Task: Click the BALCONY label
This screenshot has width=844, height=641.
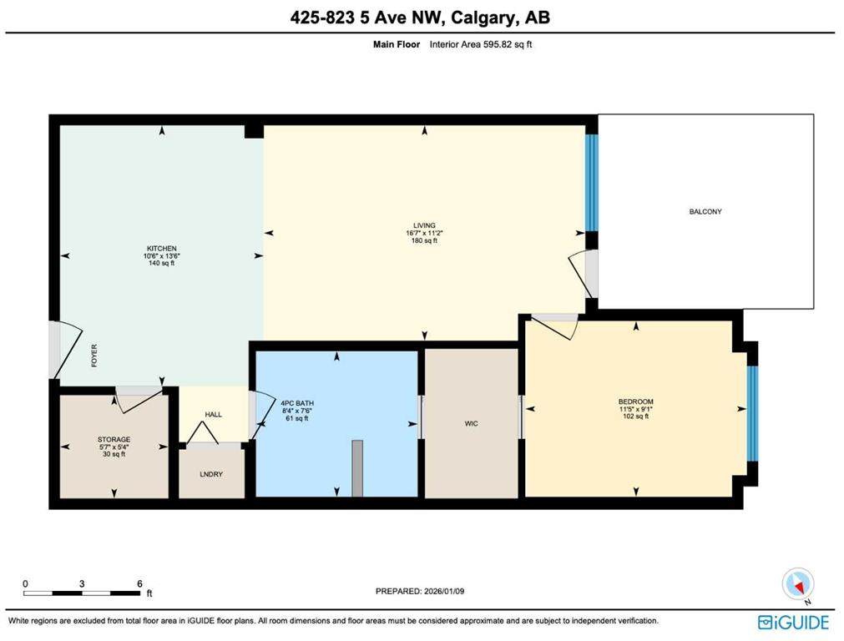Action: (705, 211)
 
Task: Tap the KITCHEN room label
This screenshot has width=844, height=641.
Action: (162, 249)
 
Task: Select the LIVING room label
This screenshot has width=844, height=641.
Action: (424, 225)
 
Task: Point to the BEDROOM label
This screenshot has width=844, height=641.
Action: (635, 401)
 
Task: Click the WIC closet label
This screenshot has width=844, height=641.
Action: (472, 423)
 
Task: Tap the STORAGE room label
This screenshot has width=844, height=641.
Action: (114, 439)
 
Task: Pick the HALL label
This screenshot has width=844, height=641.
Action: (214, 414)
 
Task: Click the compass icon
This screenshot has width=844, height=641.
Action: (797, 584)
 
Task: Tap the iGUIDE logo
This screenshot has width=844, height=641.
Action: (793, 622)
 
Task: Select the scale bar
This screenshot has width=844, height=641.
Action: (82, 593)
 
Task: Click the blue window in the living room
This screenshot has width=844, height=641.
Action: (591, 182)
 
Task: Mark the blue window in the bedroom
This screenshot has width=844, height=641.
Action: (751, 413)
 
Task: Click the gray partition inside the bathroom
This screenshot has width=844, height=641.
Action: (357, 467)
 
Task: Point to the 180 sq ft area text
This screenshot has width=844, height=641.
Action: (424, 240)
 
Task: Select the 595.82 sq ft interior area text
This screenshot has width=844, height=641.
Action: (481, 44)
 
